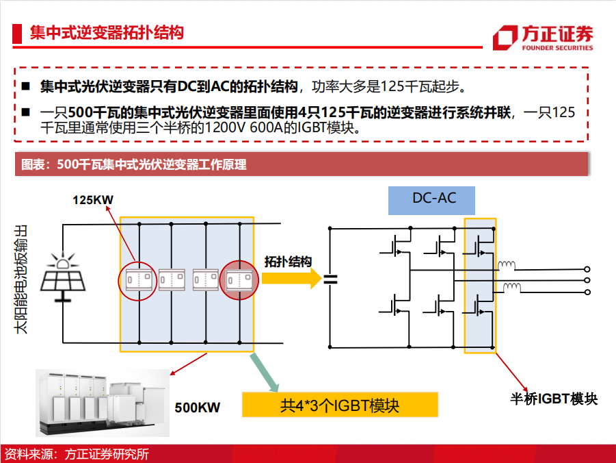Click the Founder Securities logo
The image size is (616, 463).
(543, 38)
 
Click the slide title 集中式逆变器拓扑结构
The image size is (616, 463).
(107, 33)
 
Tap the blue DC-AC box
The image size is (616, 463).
(431, 201)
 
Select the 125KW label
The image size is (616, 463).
(93, 200)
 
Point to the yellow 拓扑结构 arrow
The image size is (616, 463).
(292, 278)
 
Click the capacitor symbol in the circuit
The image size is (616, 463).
(330, 279)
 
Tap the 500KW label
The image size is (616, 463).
(197, 408)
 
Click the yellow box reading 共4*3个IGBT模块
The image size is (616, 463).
(340, 405)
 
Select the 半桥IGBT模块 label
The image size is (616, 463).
(554, 399)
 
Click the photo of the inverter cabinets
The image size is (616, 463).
(103, 403)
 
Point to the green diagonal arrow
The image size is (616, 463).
(264, 373)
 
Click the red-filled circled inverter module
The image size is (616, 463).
(239, 280)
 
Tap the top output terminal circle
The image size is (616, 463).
(587, 269)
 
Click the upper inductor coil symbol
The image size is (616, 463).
(507, 265)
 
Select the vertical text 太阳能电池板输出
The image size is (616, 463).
(21, 279)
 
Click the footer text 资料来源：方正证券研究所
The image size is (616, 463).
(77, 454)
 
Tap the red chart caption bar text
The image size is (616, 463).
(133, 164)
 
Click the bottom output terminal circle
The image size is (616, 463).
(587, 292)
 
